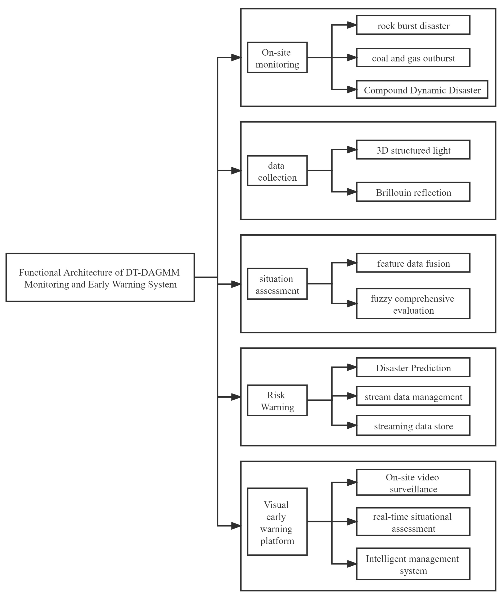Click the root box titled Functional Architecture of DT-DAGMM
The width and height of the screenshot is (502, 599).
click(x=100, y=277)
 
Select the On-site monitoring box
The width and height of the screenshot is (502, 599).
click(x=277, y=58)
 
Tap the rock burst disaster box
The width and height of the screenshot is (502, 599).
click(x=413, y=25)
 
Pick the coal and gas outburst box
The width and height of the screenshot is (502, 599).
click(x=413, y=58)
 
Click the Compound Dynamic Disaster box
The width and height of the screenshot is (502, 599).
click(x=422, y=90)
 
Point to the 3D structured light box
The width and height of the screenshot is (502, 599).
click(x=413, y=150)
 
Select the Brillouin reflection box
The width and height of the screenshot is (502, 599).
click(x=413, y=192)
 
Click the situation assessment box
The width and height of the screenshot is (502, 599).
click(x=277, y=284)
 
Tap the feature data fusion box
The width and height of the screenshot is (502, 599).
click(x=413, y=263)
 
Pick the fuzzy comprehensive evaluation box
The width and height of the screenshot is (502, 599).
click(x=413, y=304)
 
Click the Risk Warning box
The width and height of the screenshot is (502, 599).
click(x=277, y=400)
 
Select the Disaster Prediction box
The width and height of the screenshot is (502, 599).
click(x=413, y=367)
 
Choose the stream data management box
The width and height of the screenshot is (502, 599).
click(x=413, y=396)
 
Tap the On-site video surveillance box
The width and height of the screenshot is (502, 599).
click(x=413, y=482)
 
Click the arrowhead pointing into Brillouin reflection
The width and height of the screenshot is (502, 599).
click(x=352, y=192)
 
